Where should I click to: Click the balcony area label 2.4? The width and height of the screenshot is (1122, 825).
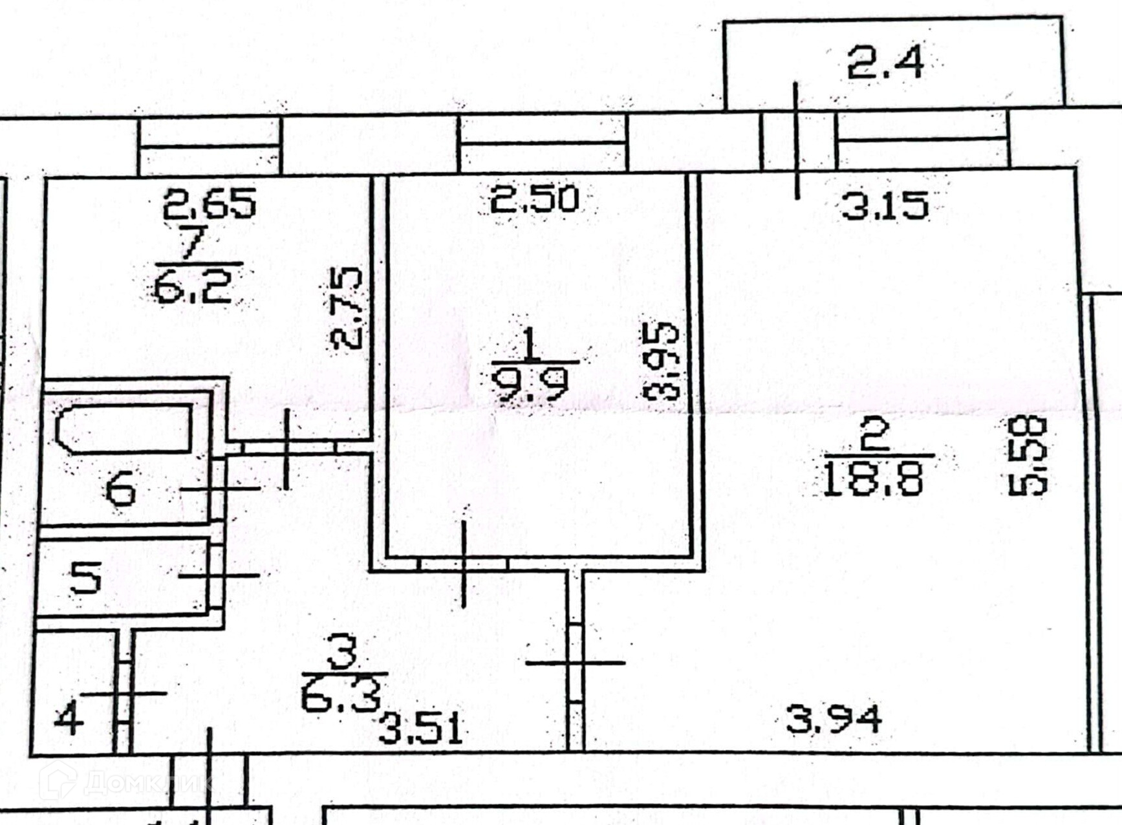click(x=885, y=63)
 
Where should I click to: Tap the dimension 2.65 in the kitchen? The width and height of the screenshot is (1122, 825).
click(x=209, y=202)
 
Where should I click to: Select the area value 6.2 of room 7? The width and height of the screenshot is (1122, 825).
click(x=193, y=287)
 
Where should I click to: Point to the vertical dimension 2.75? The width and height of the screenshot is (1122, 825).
click(x=345, y=308)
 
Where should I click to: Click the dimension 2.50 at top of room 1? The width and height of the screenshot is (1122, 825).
click(x=534, y=198)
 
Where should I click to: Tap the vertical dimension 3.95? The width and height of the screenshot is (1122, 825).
click(x=661, y=361)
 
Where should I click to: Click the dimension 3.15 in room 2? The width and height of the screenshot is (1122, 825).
click(x=885, y=206)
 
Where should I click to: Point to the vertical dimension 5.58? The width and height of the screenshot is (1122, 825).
click(x=1028, y=456)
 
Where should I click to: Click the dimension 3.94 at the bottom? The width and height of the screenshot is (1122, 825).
click(x=834, y=719)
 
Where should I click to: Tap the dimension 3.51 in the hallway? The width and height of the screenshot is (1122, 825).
click(x=420, y=729)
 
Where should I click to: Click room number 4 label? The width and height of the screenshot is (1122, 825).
click(x=69, y=718)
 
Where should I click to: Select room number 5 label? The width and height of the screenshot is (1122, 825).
click(x=86, y=577)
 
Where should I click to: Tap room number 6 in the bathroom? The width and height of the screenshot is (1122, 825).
click(x=121, y=488)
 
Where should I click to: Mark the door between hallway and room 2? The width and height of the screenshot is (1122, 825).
click(x=575, y=663)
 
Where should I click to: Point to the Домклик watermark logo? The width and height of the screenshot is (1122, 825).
click(x=123, y=782)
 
